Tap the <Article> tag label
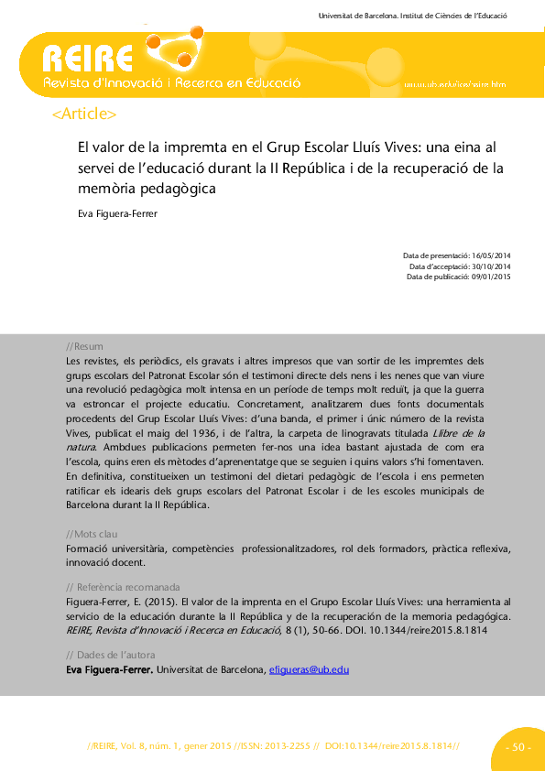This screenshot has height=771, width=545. [85, 114]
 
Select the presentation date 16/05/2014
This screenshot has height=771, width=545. [490, 255]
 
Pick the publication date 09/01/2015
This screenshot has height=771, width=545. [490, 276]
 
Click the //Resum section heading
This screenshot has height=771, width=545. [85, 347]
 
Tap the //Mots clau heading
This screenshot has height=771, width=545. [92, 534]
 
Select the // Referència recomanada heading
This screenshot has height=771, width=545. [124, 587]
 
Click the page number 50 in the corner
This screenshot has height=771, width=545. [518, 748]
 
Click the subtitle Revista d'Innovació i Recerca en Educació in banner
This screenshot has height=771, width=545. [172, 83]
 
